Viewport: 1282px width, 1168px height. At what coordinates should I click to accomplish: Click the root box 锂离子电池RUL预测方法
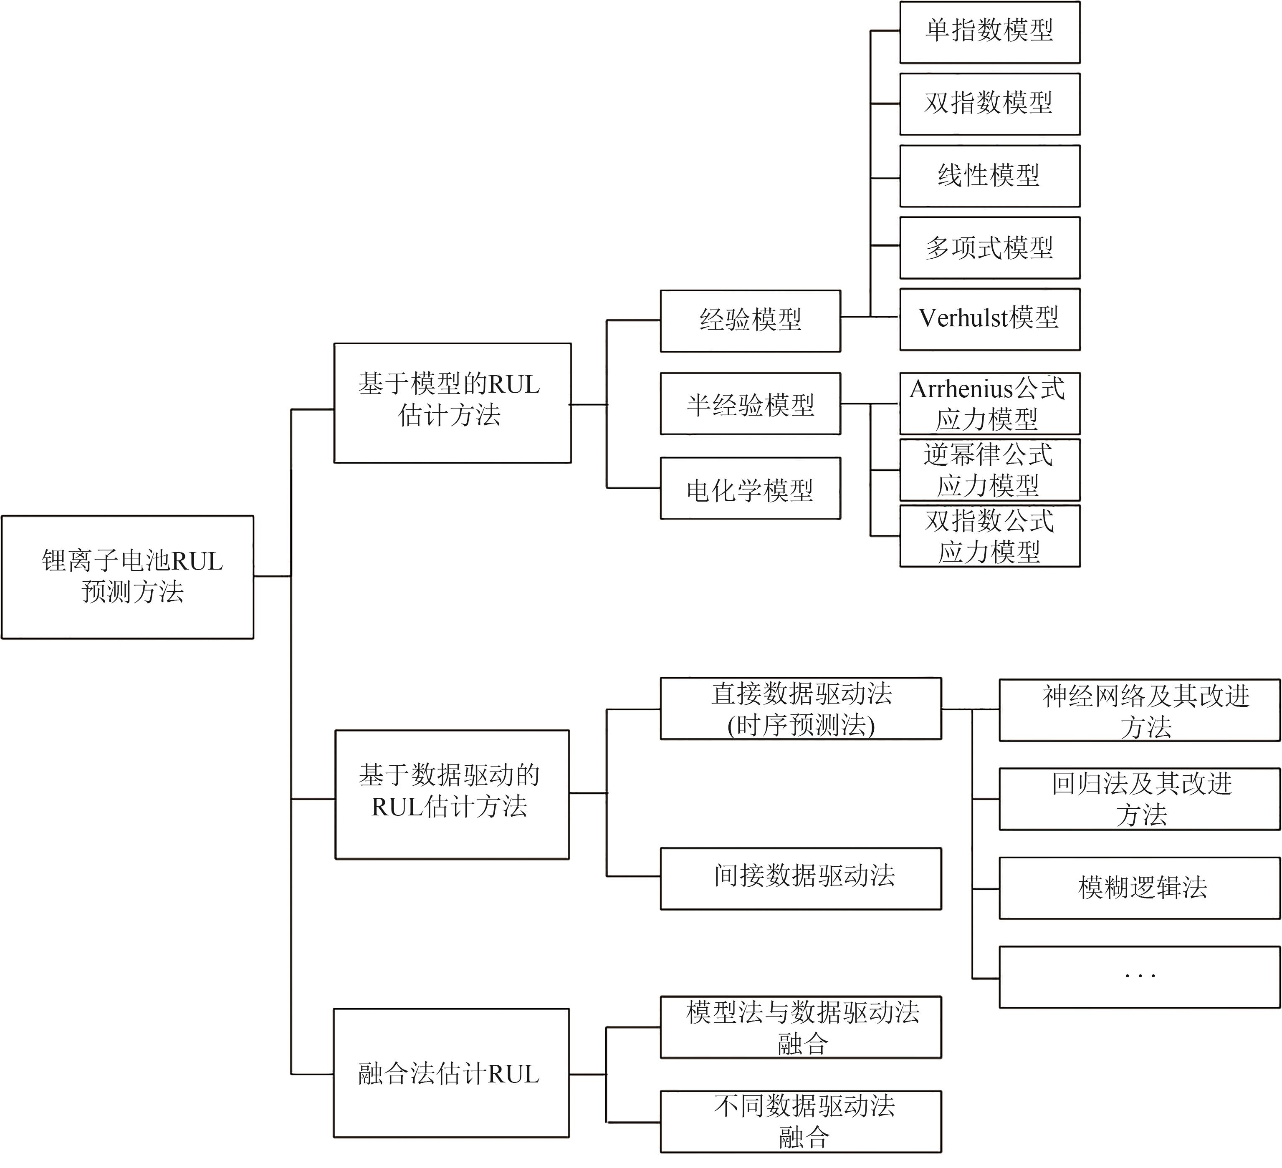pyautogui.click(x=127, y=577)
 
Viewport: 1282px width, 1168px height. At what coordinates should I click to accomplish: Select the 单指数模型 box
pyautogui.click(x=989, y=32)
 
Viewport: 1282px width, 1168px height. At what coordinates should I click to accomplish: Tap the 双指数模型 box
pyautogui.click(x=989, y=103)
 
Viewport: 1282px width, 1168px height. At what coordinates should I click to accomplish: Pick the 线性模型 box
pyautogui.click(x=989, y=176)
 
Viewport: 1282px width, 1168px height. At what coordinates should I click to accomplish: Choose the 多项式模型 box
pyautogui.click(x=989, y=247)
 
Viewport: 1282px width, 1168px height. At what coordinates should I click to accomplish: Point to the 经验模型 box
pyautogui.click(x=751, y=320)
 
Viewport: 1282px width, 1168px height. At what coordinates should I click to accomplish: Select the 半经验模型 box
pyautogui.click(x=751, y=404)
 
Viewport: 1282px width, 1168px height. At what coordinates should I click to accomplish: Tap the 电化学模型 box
pyautogui.click(x=751, y=488)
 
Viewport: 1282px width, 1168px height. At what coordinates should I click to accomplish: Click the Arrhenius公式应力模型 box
pyautogui.click(x=989, y=404)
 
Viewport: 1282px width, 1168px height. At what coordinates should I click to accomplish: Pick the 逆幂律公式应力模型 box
pyautogui.click(x=989, y=470)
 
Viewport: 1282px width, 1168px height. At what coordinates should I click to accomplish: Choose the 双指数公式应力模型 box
pyautogui.click(x=989, y=536)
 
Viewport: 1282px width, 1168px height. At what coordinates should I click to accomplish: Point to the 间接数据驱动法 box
pyautogui.click(x=801, y=878)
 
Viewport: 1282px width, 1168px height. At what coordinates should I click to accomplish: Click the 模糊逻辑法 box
pyautogui.click(x=1140, y=888)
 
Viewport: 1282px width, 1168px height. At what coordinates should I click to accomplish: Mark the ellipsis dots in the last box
pyautogui.click(x=1140, y=975)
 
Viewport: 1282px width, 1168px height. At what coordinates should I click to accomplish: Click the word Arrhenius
pyautogui.click(x=960, y=389)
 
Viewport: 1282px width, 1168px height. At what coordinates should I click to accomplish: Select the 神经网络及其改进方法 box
pyautogui.click(x=1140, y=709)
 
